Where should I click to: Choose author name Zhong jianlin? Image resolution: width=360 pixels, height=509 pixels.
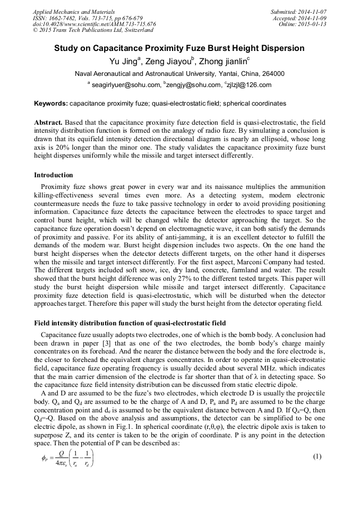point(222,62)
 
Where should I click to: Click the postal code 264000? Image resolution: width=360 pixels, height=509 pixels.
point(273,74)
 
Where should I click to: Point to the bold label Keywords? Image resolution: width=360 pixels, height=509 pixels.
point(51,103)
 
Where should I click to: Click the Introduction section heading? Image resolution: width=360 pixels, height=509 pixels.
point(54,175)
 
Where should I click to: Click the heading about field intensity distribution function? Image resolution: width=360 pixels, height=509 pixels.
point(130,323)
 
